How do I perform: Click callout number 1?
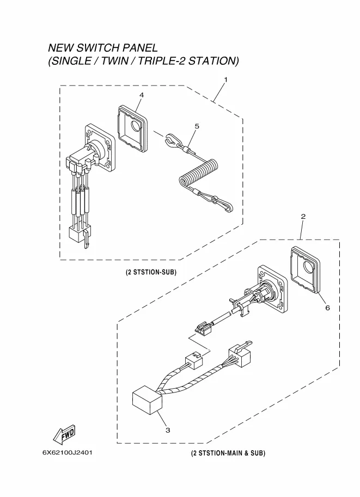pyautogui.click(x=225, y=79)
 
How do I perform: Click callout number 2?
pyautogui.click(x=303, y=217)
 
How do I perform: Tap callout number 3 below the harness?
pyautogui.click(x=168, y=430)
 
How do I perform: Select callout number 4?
pyautogui.click(x=142, y=95)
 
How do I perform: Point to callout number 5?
pyautogui.click(x=197, y=126)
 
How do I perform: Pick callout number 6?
pyautogui.click(x=327, y=308)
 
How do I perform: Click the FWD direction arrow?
pyautogui.click(x=64, y=434)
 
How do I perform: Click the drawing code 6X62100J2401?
pyautogui.click(x=67, y=452)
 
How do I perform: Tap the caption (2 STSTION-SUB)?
pyautogui.click(x=151, y=272)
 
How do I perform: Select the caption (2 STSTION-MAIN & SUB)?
pyautogui.click(x=228, y=453)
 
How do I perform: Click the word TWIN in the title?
pyautogui.click(x=114, y=61)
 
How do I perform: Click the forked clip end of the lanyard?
pyautogui.click(x=171, y=140)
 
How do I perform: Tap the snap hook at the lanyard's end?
pyautogui.click(x=224, y=204)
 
